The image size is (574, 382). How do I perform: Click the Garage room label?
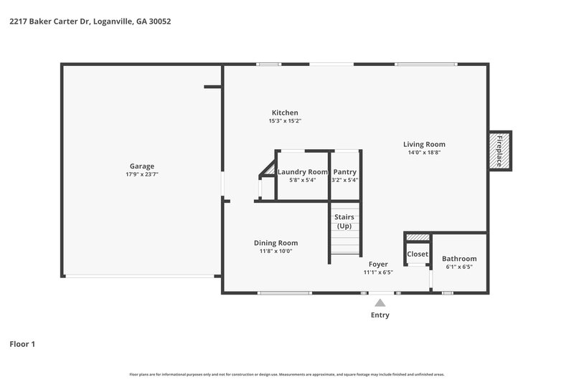pos(141,166)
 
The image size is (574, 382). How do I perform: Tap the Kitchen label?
pos(284,113)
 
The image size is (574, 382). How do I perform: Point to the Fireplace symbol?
pos(499,151)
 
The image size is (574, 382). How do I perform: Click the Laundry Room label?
pos(302,172)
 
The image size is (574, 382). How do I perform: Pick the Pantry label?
pos(344,172)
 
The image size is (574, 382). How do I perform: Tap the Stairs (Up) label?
pos(344,221)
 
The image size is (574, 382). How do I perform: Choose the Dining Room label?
pos(276,243)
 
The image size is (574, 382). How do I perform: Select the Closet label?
pos(418,254)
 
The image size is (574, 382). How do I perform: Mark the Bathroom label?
pos(458,259)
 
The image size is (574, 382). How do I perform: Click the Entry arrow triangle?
pos(380,303)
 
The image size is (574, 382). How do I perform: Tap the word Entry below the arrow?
pos(380,315)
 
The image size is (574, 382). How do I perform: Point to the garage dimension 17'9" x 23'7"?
pos(141,174)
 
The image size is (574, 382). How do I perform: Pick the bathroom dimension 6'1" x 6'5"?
pos(458,267)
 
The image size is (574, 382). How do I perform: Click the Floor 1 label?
pos(22,344)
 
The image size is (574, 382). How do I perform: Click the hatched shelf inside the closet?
pos(418,237)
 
